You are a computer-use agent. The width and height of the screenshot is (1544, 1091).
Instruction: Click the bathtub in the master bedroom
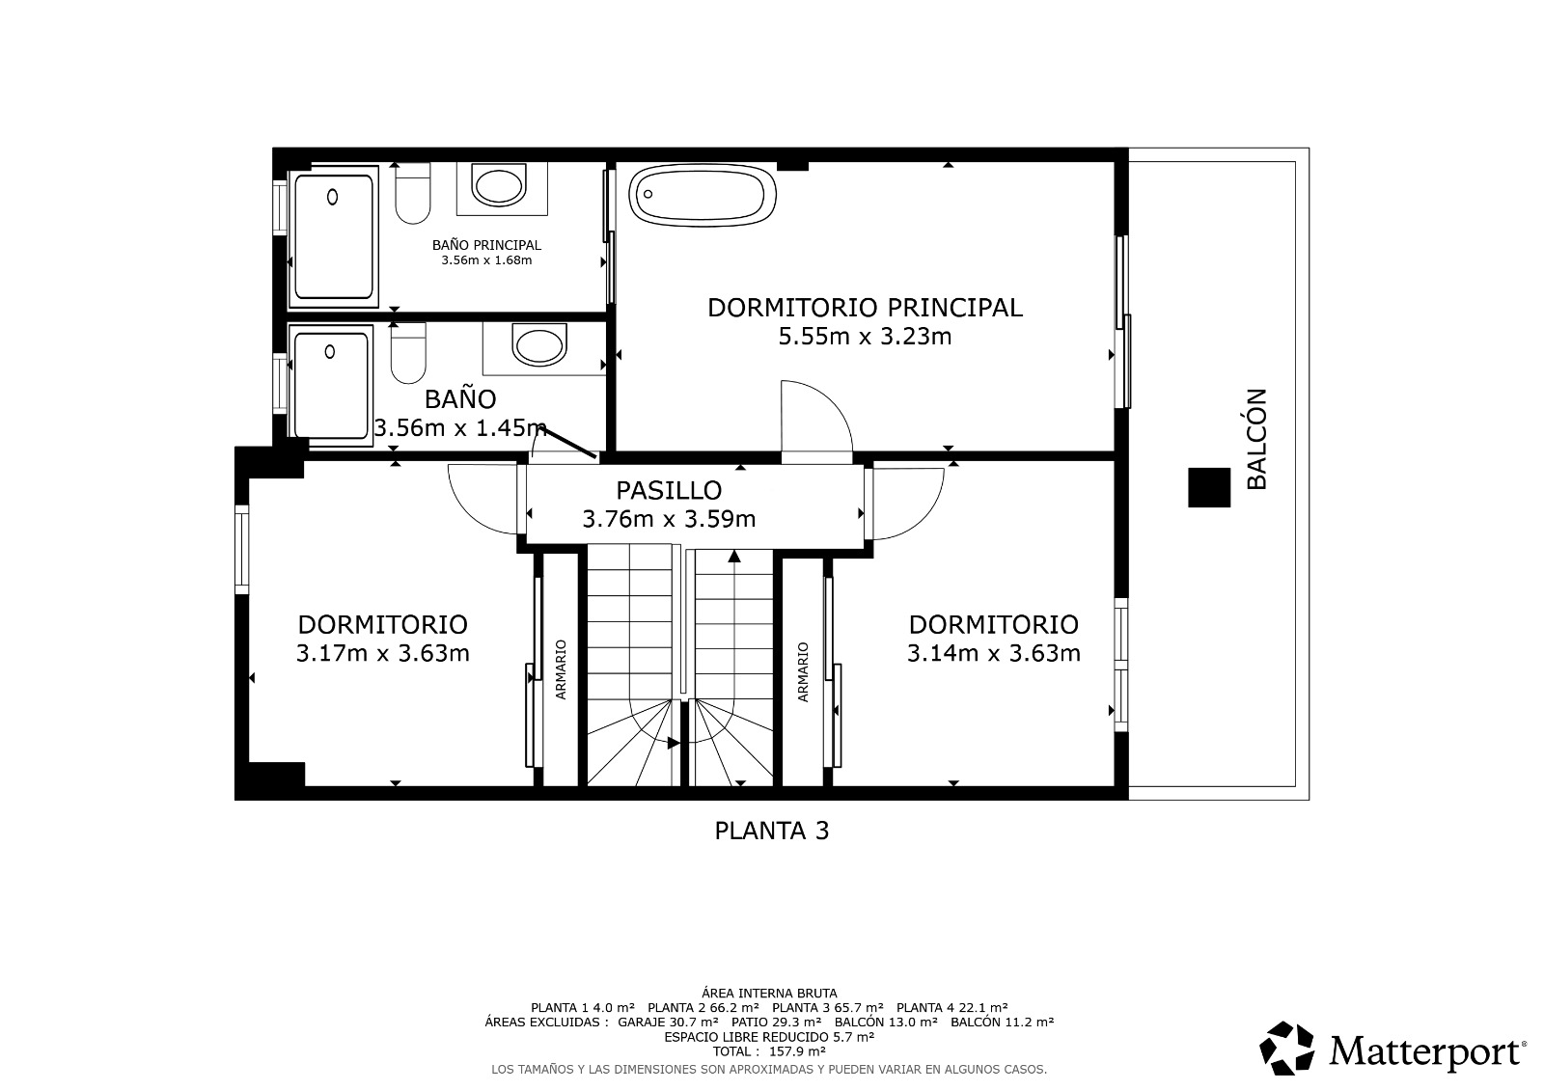click(x=703, y=195)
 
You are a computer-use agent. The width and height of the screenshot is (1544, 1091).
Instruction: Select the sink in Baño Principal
click(x=499, y=184)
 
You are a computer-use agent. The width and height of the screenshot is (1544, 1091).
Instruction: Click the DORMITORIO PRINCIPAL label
click(x=865, y=308)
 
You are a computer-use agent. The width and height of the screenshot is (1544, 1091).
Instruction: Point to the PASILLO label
click(x=669, y=490)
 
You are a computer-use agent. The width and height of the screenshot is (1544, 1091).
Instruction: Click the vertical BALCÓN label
click(x=1257, y=439)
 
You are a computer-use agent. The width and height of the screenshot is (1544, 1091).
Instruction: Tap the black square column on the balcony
click(x=1209, y=487)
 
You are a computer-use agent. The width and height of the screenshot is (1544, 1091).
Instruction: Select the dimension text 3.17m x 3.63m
click(x=382, y=653)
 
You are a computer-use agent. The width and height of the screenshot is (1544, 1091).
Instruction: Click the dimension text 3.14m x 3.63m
click(x=993, y=653)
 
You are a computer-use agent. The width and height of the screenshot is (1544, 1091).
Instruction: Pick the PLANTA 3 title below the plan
click(x=771, y=831)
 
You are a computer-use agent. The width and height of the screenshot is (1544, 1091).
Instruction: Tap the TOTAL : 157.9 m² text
click(x=769, y=1051)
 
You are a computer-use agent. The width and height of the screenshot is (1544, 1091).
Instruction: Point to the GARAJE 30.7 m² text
click(x=667, y=1023)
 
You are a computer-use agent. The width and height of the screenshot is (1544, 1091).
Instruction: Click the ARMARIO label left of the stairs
click(x=561, y=669)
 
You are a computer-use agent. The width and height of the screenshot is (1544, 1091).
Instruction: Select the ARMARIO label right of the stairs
click(x=802, y=672)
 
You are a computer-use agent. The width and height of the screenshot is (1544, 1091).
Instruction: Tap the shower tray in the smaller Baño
click(x=330, y=385)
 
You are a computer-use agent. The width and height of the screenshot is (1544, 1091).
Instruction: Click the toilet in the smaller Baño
click(x=408, y=353)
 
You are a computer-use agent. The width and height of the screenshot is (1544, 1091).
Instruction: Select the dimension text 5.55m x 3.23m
click(x=865, y=337)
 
